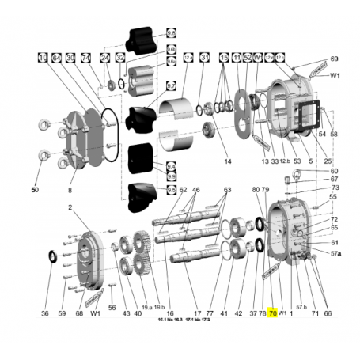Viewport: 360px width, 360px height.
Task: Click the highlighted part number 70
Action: coord(273,313)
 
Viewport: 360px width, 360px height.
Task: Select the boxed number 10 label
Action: coord(42,58)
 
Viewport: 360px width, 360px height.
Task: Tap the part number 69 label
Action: coord(334,59)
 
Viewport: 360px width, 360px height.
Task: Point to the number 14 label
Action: coord(227,161)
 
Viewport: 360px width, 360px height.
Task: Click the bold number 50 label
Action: coord(35,190)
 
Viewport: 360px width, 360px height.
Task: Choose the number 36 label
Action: coord(44,313)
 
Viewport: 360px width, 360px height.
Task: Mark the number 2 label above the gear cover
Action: coord(70,207)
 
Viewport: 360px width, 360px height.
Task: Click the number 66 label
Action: coord(328,313)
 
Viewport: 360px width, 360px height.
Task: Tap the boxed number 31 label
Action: coord(204,58)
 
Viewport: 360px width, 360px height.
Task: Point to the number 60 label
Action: coord(334,171)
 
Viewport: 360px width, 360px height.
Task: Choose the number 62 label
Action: coord(183,190)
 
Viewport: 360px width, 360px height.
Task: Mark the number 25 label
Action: coord(327,161)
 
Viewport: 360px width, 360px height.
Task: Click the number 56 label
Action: coord(112,307)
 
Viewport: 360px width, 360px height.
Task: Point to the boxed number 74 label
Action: coord(86,58)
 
